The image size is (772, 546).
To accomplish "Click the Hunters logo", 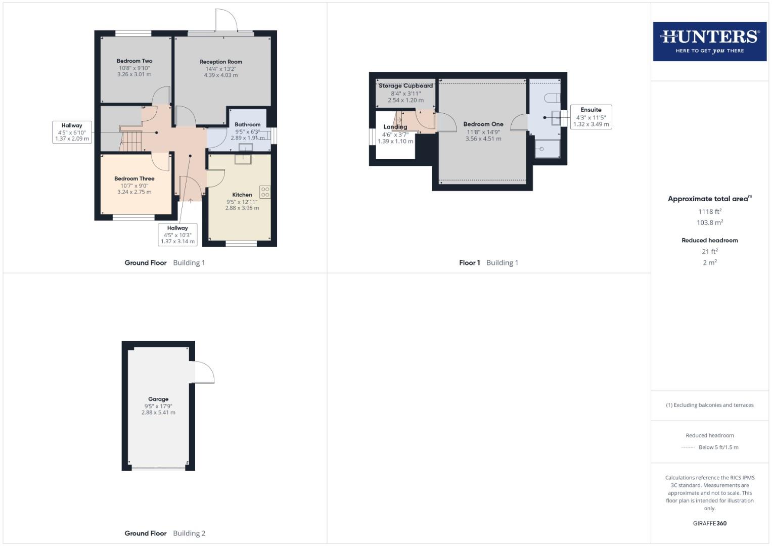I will (x=709, y=41).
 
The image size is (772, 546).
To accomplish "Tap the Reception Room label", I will (x=221, y=62).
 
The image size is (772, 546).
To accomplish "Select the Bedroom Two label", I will (x=134, y=61).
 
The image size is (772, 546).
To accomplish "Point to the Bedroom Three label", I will (x=134, y=178).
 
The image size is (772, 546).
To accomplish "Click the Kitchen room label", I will (x=242, y=195).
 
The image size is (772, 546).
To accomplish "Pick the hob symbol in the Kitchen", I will (x=265, y=192).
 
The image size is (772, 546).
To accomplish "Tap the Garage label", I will (x=158, y=399).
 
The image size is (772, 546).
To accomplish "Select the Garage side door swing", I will (x=204, y=373).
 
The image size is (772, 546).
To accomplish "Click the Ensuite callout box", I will (x=591, y=117).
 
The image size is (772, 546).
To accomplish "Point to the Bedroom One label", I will (x=483, y=124).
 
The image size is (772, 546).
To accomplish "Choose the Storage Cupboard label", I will (x=405, y=86).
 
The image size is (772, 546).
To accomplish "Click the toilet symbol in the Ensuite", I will (x=553, y=98).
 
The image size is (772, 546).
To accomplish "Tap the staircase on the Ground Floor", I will (x=131, y=141).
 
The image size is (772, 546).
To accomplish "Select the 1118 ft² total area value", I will (x=710, y=212).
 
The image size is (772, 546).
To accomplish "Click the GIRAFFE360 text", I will (x=710, y=523).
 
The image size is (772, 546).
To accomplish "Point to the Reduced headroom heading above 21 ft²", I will (x=710, y=241).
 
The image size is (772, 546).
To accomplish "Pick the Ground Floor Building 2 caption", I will (x=165, y=533).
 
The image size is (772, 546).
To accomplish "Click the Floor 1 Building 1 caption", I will (x=488, y=263).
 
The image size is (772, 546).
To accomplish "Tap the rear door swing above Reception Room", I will (x=225, y=20).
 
